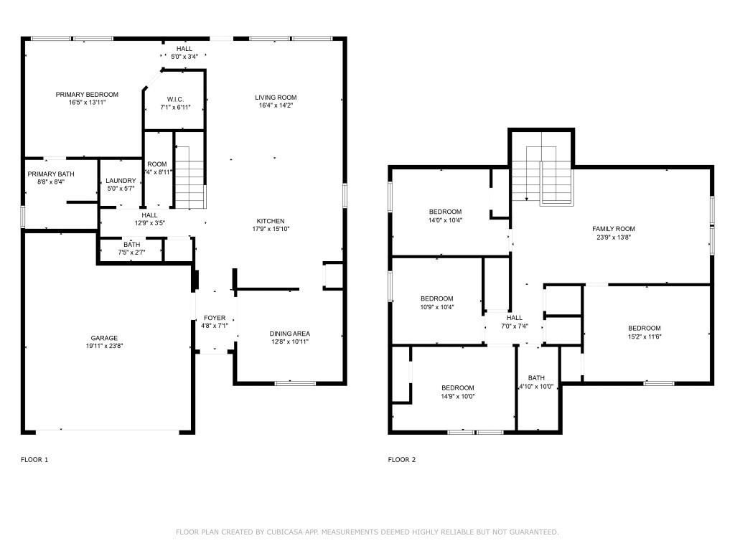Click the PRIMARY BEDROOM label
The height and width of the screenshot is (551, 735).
pyautogui.click(x=87, y=95)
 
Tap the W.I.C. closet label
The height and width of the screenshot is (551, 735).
pyautogui.click(x=175, y=99)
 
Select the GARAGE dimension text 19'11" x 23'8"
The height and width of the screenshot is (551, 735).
pyautogui.click(x=104, y=347)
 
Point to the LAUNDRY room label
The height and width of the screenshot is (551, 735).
pyautogui.click(x=121, y=181)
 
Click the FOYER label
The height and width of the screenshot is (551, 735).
pyautogui.click(x=215, y=318)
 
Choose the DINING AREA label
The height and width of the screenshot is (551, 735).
pyautogui.click(x=290, y=334)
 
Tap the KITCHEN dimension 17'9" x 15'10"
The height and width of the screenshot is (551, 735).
pyautogui.click(x=271, y=229)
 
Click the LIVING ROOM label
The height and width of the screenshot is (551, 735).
pyautogui.click(x=276, y=98)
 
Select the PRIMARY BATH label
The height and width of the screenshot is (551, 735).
pyautogui.click(x=51, y=174)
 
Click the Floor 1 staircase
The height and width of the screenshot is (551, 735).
pyautogui.click(x=189, y=177)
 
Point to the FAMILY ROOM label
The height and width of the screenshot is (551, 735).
pyautogui.click(x=614, y=229)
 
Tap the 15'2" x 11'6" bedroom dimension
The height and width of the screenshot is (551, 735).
pyautogui.click(x=645, y=336)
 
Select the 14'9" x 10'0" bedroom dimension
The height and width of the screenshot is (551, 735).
pyautogui.click(x=457, y=396)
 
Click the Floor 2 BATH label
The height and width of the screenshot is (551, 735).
pyautogui.click(x=536, y=378)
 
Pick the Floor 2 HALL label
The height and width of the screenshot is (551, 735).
pyautogui.click(x=514, y=318)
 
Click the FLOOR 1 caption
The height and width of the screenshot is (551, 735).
pyautogui.click(x=34, y=460)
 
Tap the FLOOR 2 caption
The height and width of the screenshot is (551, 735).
pyautogui.click(x=402, y=460)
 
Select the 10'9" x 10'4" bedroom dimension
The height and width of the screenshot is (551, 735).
pyautogui.click(x=437, y=307)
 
